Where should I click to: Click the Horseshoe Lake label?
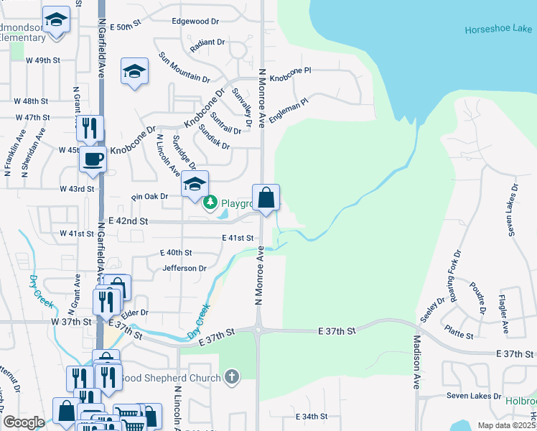(498, 29)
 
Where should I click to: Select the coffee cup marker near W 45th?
(93, 159)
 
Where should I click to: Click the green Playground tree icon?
(210, 203)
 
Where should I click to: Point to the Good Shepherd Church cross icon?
(231, 376)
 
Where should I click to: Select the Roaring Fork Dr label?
(453, 276)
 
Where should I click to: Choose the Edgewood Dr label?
(195, 22)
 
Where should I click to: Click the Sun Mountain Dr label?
(184, 68)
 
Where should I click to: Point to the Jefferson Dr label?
(185, 268)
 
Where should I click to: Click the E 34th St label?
(312, 417)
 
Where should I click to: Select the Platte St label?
(459, 335)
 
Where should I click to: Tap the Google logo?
(24, 423)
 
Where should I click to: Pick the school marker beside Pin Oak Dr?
(195, 184)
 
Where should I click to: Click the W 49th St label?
(40, 60)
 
